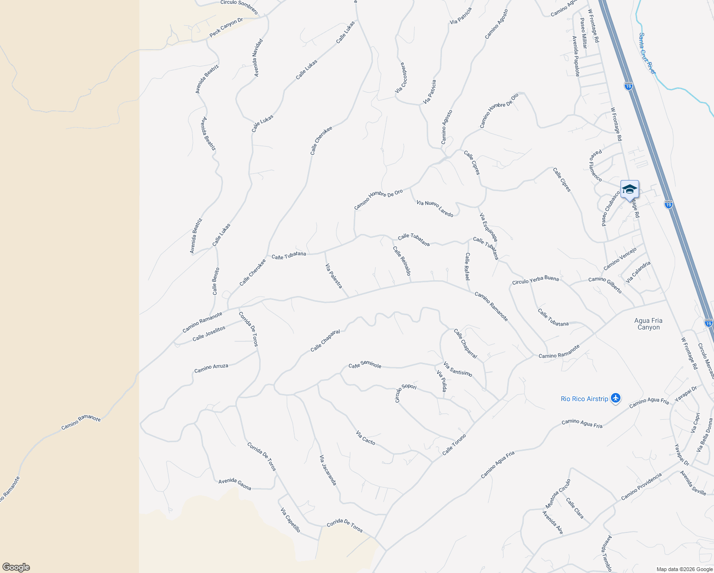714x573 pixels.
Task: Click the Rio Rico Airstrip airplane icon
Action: (x=615, y=398)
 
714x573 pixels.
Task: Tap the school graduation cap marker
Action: (x=630, y=190)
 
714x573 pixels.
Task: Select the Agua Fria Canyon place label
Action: (x=648, y=324)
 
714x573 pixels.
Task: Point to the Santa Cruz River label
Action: (x=647, y=53)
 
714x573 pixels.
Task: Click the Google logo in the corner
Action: (x=16, y=567)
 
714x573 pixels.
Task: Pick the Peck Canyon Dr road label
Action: (x=226, y=28)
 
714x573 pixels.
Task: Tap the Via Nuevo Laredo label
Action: (x=434, y=209)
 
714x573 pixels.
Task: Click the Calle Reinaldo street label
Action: (x=401, y=261)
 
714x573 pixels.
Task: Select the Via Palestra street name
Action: (x=334, y=276)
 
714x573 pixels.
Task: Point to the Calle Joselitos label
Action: (x=209, y=333)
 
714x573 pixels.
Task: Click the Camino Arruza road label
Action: (x=211, y=368)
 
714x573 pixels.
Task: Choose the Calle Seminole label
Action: (x=365, y=365)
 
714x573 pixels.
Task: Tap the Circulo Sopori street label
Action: (x=405, y=392)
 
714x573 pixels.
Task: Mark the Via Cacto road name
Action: (x=365, y=438)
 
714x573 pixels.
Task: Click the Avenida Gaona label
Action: (x=235, y=484)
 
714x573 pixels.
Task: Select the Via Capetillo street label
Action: (x=290, y=520)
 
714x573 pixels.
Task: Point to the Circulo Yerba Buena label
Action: (x=535, y=280)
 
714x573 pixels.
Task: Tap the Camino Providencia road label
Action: (x=641, y=487)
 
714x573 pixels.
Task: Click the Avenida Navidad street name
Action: (x=258, y=58)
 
